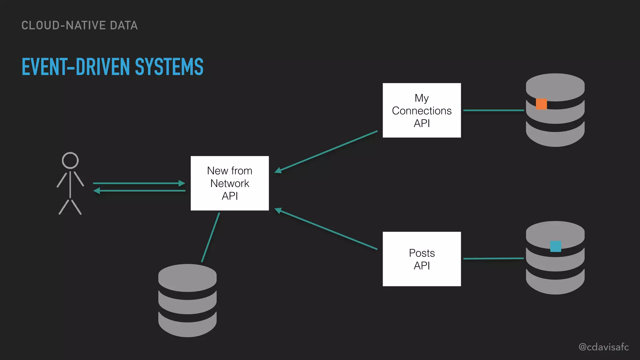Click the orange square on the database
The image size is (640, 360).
[x=541, y=104]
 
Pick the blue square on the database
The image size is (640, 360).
[x=555, y=246]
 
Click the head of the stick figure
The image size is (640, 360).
[x=70, y=160]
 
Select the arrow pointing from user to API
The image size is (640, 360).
[x=139, y=183]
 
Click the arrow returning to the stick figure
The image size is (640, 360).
[x=139, y=191]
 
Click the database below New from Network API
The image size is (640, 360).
[x=187, y=300]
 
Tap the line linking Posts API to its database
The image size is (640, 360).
[x=493, y=259]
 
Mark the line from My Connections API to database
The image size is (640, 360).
[x=493, y=110]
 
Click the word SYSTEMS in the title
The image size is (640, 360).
[x=169, y=67]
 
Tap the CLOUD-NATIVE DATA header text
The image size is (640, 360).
[x=79, y=26]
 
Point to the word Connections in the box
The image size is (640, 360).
[x=422, y=111]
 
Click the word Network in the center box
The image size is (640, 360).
[x=230, y=183]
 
